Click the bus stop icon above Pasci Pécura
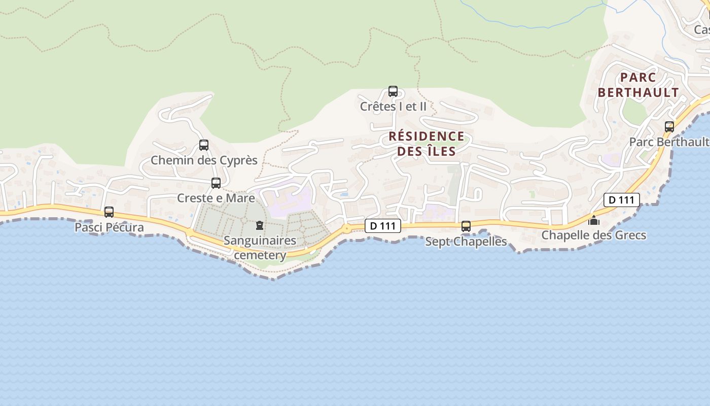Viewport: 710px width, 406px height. point(109,212)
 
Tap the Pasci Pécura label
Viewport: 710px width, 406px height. point(109,227)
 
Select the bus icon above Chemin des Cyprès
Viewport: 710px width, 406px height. point(204,145)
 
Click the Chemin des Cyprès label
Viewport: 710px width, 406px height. point(204,160)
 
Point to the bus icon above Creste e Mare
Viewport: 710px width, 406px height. point(216,183)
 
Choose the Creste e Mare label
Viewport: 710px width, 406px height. point(216,198)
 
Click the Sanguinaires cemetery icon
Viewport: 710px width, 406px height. point(260,225)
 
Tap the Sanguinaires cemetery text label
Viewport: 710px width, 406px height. point(260,247)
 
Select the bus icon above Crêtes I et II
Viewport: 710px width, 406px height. point(393,91)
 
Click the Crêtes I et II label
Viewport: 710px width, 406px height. point(393,107)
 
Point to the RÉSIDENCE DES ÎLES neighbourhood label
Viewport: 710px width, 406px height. point(427,144)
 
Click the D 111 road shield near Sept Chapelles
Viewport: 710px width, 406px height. point(383,226)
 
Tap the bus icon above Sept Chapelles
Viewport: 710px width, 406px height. point(466,226)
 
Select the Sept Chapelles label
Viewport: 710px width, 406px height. point(466,242)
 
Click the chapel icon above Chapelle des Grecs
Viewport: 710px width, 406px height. point(594,220)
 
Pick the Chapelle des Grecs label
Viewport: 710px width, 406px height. point(594,235)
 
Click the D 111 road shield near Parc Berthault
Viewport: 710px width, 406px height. point(621,200)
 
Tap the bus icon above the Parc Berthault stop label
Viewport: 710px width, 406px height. point(669,127)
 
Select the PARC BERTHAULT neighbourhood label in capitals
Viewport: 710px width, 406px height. point(638,85)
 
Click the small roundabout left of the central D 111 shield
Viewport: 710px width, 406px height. point(347,229)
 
